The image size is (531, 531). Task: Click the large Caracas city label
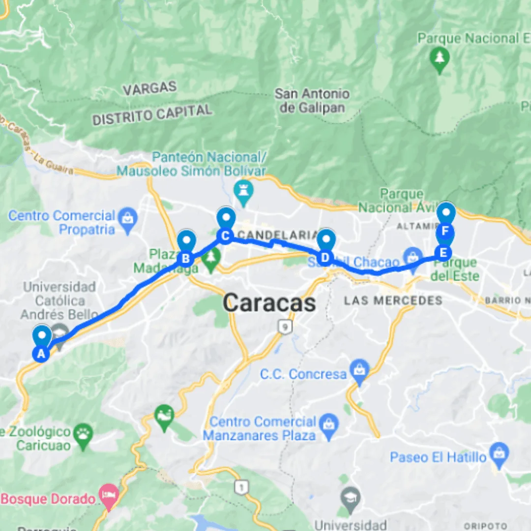coord(269,303)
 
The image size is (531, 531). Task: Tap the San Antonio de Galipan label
coord(312,100)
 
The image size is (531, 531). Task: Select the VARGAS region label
coord(149,89)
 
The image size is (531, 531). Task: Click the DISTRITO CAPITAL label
coord(152,115)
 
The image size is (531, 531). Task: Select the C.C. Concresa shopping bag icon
coord(360,374)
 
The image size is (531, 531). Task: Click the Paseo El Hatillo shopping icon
coord(500,456)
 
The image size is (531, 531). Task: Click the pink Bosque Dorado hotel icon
coord(108,498)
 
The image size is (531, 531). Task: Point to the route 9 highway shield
coord(283,326)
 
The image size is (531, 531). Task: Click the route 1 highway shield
coord(241,487)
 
